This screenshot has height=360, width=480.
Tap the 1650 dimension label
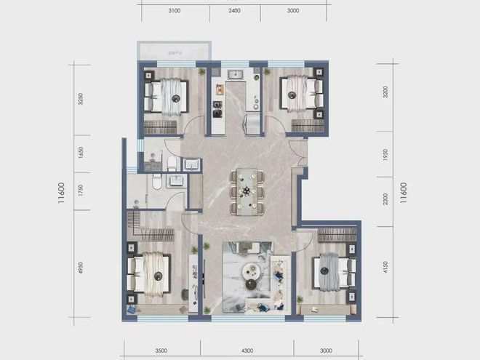81,153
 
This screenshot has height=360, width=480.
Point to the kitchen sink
235,74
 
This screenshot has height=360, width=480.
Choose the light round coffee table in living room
252,271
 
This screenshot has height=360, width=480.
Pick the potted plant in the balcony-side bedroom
201,71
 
